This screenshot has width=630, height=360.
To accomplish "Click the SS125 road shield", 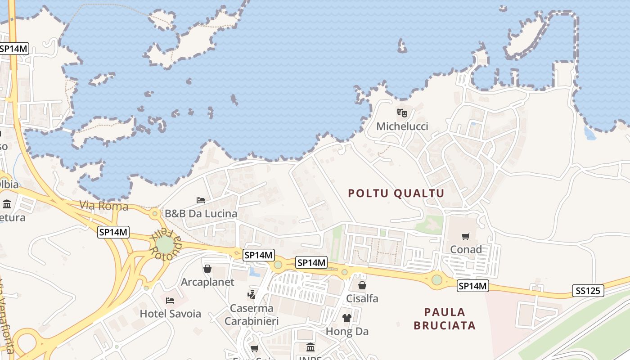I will click(588, 291).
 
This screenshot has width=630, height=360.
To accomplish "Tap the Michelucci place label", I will click(402, 126).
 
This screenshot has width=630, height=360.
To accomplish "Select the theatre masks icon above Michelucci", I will click(402, 112).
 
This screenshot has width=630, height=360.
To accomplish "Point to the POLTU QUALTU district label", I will click(396, 193).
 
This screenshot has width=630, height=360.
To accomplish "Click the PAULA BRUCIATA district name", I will click(445, 319).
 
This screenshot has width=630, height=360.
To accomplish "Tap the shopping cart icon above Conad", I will click(466, 237).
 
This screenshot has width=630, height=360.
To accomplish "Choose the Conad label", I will click(466, 249).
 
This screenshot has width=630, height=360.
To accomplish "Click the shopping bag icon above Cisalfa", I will click(362, 285).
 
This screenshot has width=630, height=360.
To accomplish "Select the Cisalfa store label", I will click(362, 298).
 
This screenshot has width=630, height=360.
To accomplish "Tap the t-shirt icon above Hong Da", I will click(346, 318).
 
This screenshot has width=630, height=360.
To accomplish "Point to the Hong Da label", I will click(347, 332).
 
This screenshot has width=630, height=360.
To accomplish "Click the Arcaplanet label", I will click(207, 282).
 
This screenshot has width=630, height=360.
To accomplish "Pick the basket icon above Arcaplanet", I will click(207, 269).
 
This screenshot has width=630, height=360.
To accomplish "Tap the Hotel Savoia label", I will click(171, 314).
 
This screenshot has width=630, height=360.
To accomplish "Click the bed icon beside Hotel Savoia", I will click(170, 300).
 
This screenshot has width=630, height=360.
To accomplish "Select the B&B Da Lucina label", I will click(201, 214).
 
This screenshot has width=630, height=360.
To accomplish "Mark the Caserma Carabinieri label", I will click(252, 315).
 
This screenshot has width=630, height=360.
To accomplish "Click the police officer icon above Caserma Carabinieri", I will click(252, 295).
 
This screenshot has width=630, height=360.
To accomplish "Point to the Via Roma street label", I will click(104, 206).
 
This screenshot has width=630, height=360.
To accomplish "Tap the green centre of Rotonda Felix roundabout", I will click(165, 245).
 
